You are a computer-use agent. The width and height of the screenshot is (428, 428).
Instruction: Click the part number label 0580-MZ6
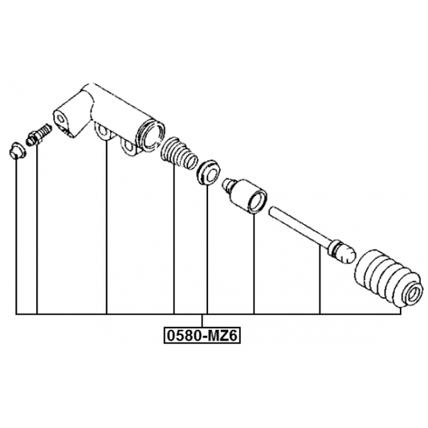point(202,336)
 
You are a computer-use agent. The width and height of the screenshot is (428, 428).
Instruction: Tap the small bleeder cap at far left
point(18,150)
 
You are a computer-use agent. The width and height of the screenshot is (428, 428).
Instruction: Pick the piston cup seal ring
point(208,173)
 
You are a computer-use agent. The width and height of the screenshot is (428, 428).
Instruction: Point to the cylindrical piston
point(244,195)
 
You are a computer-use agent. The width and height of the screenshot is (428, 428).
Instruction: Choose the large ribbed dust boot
point(389,279)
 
